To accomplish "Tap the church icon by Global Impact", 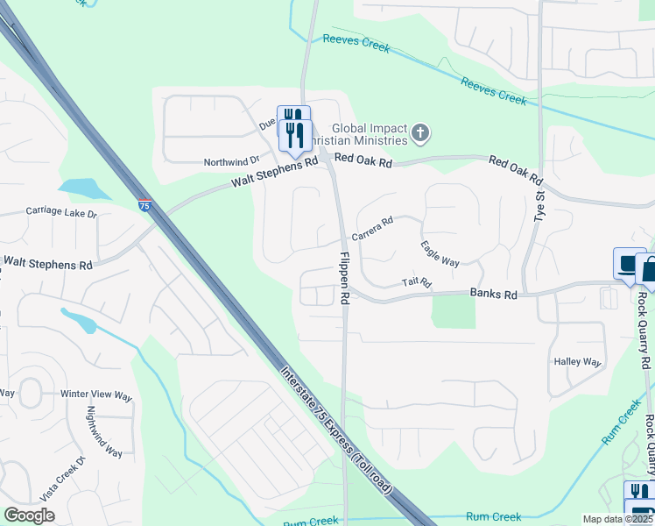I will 421,134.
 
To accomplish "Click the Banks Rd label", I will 493,295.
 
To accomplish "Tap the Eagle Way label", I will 440,254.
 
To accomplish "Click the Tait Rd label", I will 417,282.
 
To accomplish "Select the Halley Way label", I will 577,361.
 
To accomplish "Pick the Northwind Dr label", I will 232,161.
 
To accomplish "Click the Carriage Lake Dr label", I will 61,212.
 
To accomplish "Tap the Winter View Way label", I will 96,395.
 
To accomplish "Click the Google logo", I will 29,515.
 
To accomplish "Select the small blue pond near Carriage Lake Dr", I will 81,188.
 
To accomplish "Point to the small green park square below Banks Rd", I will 454,311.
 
